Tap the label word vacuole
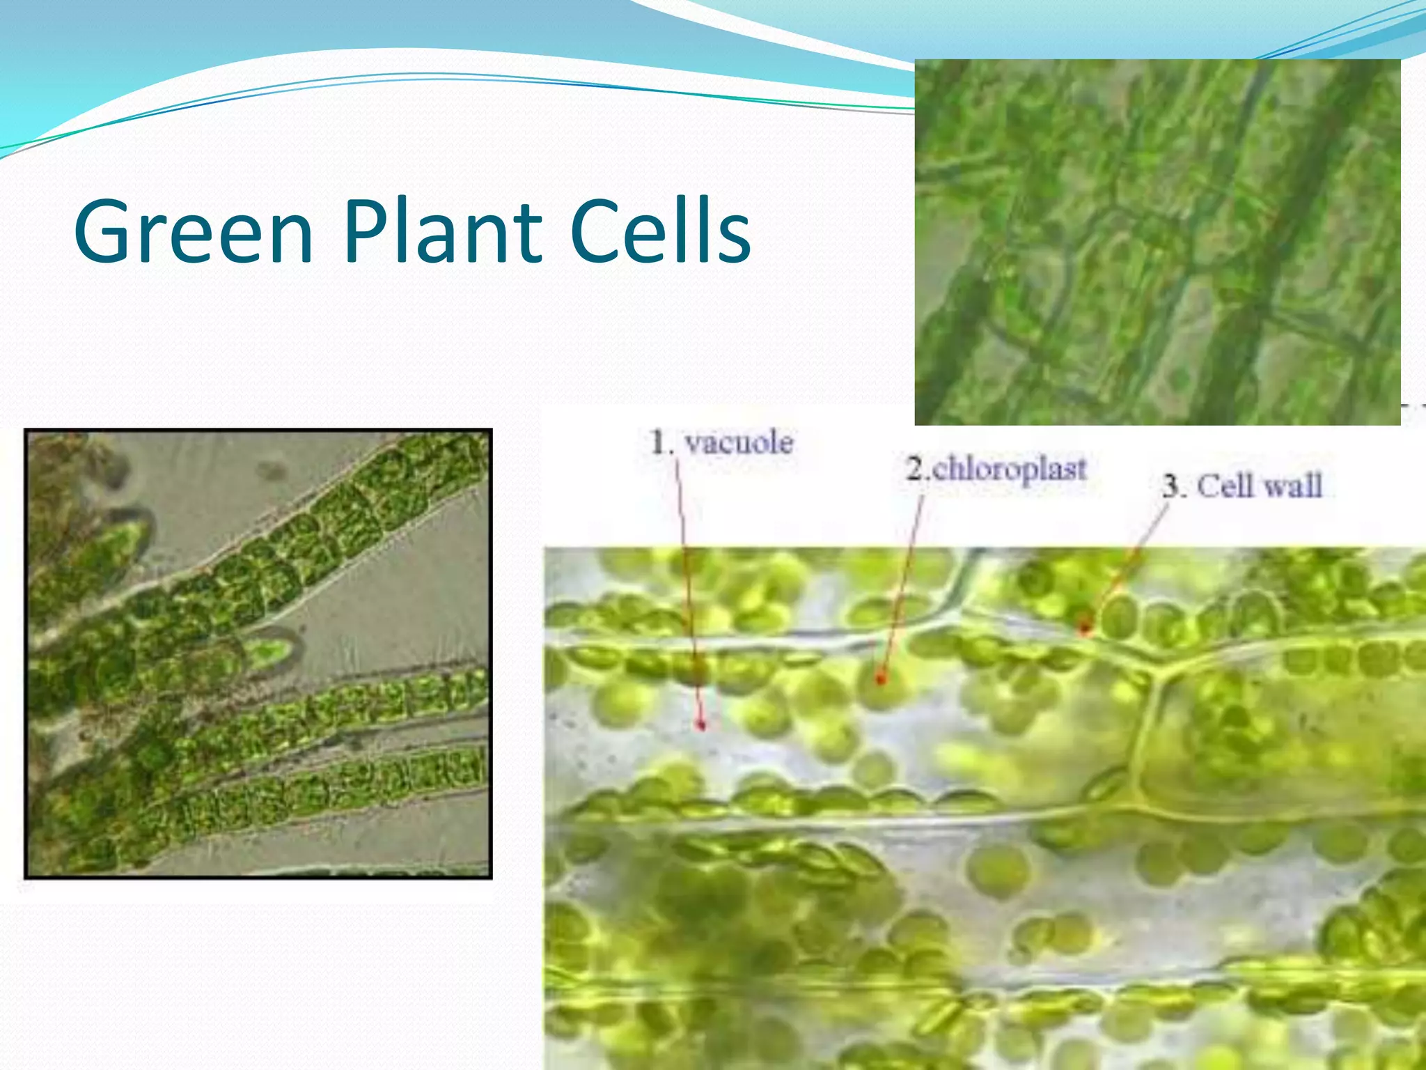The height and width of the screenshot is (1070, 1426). (739, 443)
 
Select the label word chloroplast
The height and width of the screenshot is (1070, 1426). (1009, 469)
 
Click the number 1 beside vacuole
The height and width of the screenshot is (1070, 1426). (659, 443)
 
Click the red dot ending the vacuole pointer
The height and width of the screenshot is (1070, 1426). (701, 725)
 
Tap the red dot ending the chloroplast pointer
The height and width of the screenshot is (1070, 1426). (881, 677)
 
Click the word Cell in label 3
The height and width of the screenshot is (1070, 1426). (1225, 486)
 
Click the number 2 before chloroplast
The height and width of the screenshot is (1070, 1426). (914, 469)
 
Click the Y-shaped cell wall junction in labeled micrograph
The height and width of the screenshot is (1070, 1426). (1156, 672)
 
